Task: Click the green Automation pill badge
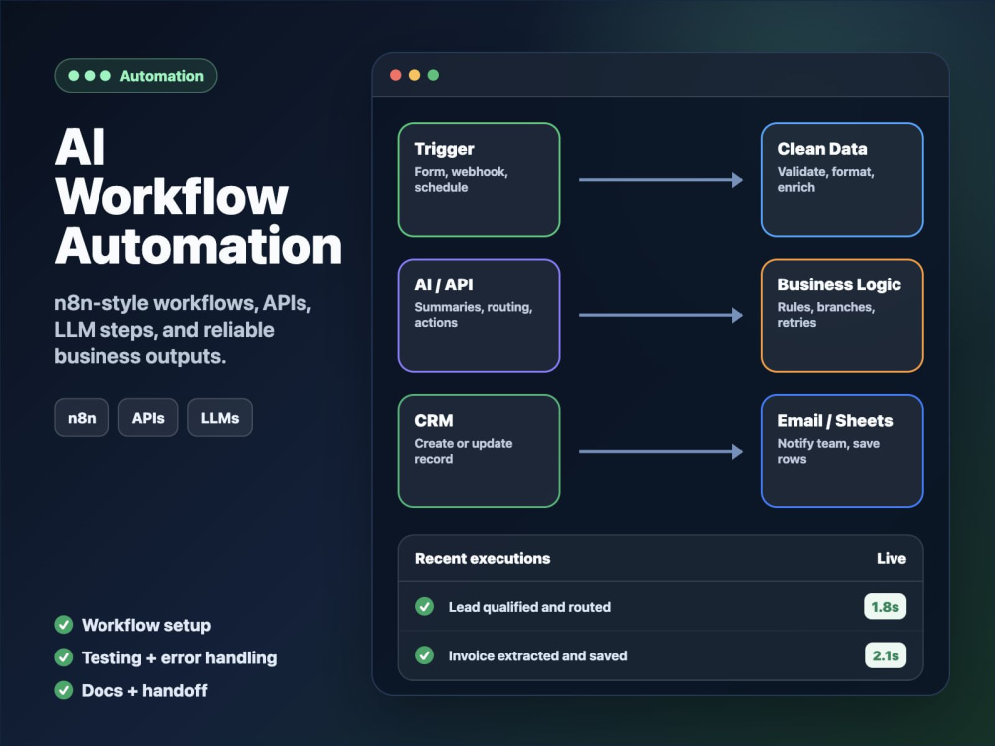[135, 76]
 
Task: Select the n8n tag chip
[82, 418]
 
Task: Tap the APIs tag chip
[148, 418]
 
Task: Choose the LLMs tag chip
[220, 418]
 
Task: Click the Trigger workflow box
[480, 179]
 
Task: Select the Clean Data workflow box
[842, 179]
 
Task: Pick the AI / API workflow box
[480, 315]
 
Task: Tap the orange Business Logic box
[842, 315]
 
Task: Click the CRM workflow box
[480, 451]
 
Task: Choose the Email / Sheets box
[842, 451]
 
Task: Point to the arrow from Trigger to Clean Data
[661, 179]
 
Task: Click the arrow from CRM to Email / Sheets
[661, 451]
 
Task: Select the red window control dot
[395, 75]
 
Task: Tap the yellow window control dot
[414, 75]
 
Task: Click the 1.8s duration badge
[885, 607]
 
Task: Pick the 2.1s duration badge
[886, 655]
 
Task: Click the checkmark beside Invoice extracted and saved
[425, 655]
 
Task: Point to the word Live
[892, 558]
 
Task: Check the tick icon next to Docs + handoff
[64, 690]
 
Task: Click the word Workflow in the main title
[171, 197]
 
